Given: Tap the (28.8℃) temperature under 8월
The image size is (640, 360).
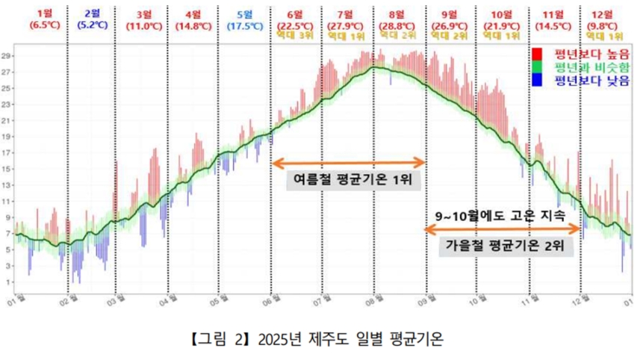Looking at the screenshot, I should (397, 25).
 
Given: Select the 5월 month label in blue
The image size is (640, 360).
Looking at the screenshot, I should (243, 13).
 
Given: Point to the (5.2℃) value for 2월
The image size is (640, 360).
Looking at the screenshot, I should (92, 25).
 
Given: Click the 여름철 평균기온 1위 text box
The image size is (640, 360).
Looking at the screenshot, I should (349, 180).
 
